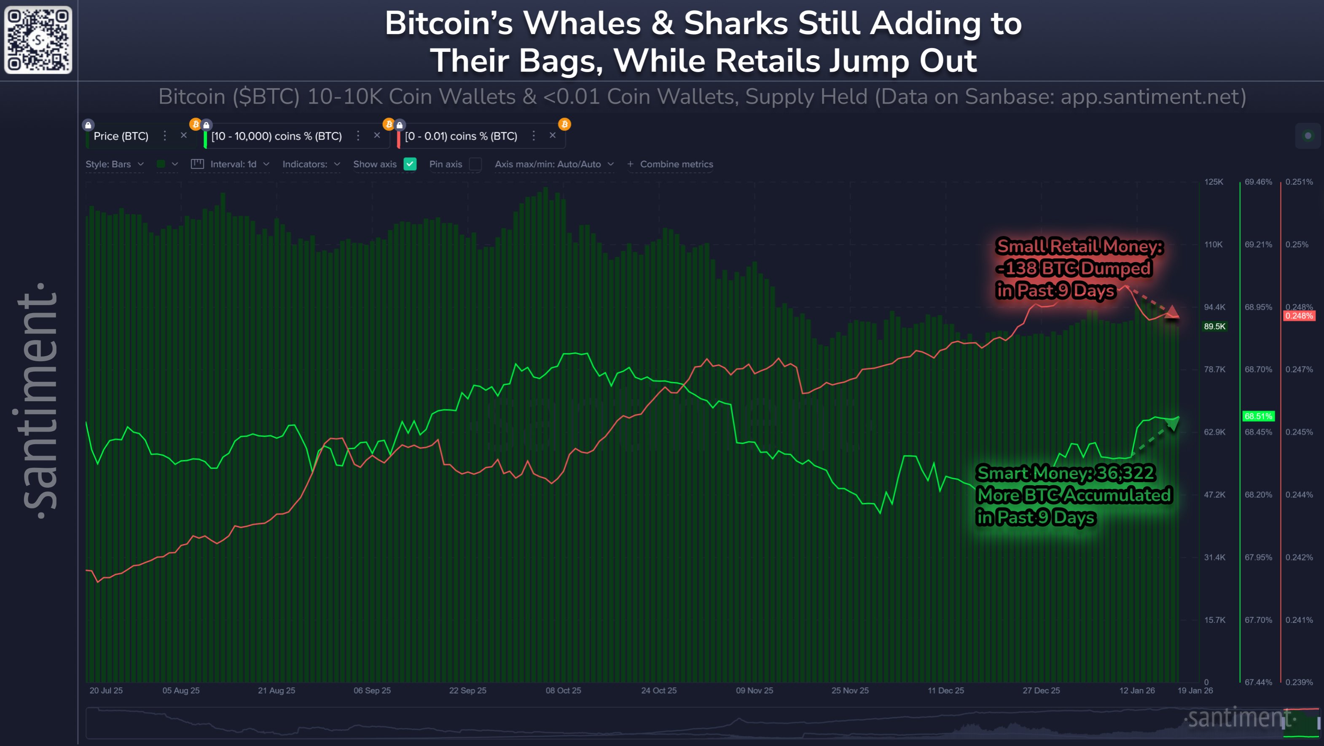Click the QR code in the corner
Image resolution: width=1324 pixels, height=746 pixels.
[x=38, y=40]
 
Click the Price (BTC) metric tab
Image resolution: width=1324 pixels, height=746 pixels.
[x=121, y=136]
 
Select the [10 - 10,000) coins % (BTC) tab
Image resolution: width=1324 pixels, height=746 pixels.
[x=277, y=136]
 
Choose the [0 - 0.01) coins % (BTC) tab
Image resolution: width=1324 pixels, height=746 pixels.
[x=461, y=136]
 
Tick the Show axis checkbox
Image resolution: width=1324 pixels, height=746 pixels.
[x=410, y=164]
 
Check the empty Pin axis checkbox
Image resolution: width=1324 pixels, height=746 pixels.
[x=475, y=164]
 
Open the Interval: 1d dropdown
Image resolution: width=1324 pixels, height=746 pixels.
[x=233, y=164]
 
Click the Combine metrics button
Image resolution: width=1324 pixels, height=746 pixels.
[x=670, y=164]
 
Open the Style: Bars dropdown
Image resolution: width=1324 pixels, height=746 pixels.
[x=114, y=164]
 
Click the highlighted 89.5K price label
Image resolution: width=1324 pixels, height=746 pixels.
[x=1214, y=326]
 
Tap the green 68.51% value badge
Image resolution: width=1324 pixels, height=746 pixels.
[x=1258, y=416]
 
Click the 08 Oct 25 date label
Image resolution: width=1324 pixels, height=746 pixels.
[x=563, y=690]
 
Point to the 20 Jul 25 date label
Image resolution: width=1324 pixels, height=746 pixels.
[x=106, y=690]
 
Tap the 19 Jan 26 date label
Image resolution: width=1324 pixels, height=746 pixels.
[x=1195, y=690]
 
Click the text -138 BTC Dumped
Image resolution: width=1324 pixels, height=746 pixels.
[x=1073, y=268]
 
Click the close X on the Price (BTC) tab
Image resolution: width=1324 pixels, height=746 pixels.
[x=183, y=135]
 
